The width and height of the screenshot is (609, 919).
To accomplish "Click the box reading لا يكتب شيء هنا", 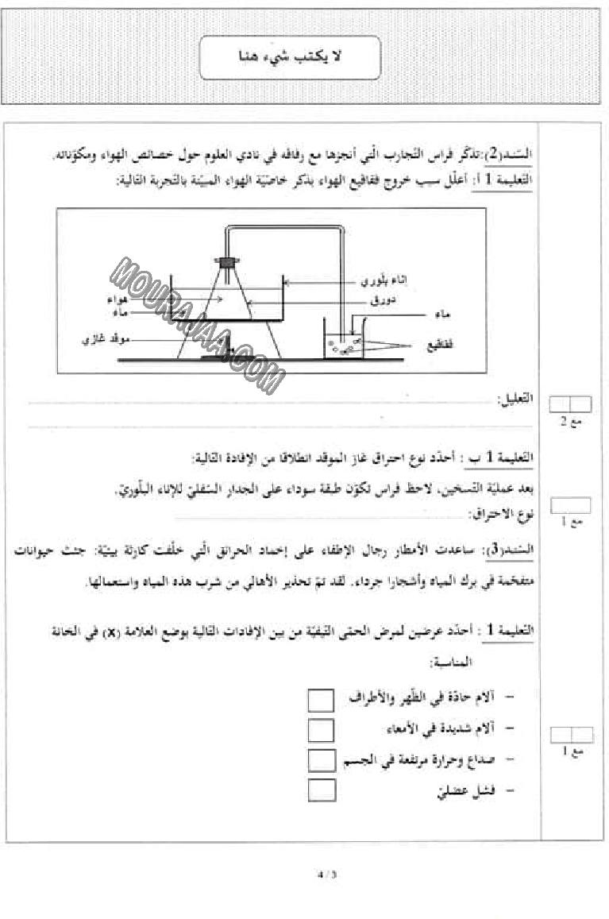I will pos(289,57).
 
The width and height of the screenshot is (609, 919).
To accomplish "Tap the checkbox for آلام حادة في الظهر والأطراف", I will pos(321,700).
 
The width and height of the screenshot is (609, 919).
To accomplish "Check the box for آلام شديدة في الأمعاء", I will pos(321,729).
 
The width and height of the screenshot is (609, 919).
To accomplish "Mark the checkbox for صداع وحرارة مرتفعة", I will pos(321,759).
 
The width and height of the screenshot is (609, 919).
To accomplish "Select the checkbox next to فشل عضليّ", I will pos(321,790).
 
